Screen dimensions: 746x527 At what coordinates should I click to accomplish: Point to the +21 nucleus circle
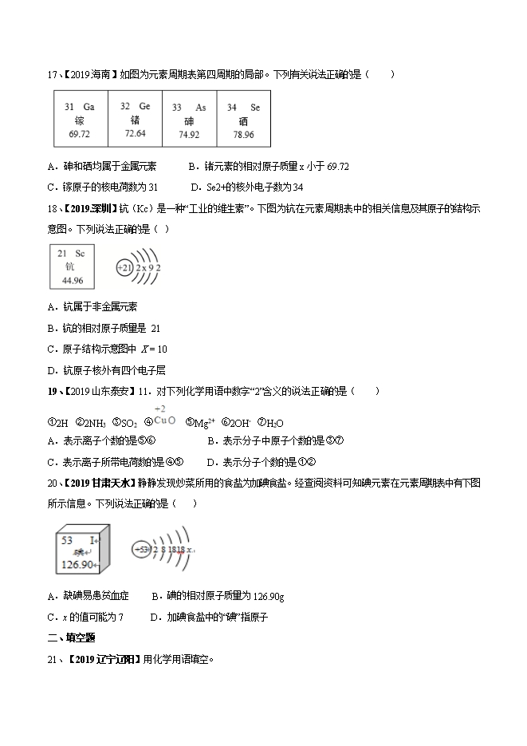coord(124,268)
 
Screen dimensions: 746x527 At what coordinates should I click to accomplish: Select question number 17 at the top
coord(53,75)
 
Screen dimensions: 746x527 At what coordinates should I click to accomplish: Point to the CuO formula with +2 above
coord(163,420)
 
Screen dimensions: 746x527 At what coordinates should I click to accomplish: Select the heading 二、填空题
coord(72,637)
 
